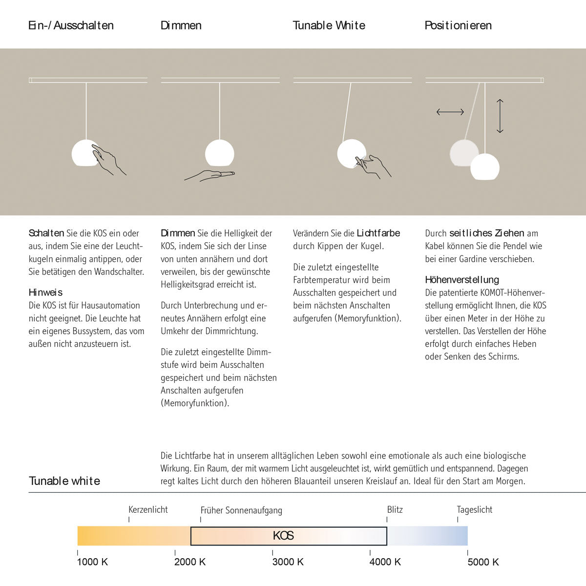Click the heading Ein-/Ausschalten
point(71,25)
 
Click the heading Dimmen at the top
point(181,25)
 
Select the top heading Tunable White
point(329,25)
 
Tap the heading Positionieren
point(458,25)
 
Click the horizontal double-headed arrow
point(450,112)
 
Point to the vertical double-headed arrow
point(500,116)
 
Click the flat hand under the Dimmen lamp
point(209,175)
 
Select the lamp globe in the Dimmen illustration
point(219,153)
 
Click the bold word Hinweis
point(45,293)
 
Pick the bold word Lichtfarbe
point(378,233)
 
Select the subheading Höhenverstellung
point(462,280)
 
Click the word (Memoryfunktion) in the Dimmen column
point(195,403)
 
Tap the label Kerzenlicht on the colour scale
point(148,509)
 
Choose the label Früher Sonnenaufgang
point(241,510)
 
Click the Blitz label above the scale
point(395,509)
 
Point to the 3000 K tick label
point(288,562)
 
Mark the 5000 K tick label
point(483,562)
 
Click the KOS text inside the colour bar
point(283,536)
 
